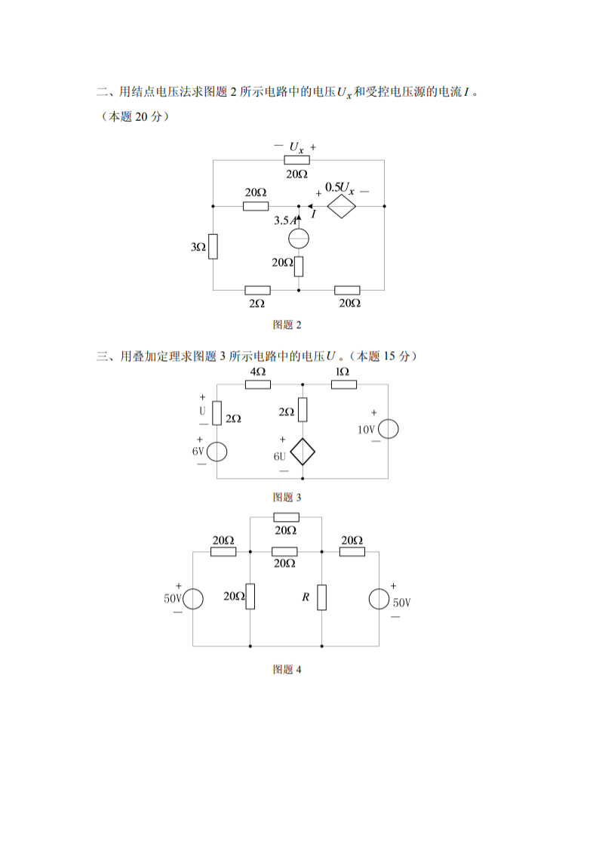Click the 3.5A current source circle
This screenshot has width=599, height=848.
click(x=299, y=239)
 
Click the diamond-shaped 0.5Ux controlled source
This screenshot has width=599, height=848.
click(x=341, y=205)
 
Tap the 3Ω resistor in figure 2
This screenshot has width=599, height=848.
click(x=213, y=247)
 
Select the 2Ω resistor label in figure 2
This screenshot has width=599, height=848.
click(x=256, y=303)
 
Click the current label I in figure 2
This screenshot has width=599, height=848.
click(x=313, y=215)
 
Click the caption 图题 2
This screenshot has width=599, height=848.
click(x=287, y=325)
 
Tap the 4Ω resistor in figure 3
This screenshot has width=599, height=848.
click(x=258, y=384)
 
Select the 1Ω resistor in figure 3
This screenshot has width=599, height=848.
click(x=344, y=384)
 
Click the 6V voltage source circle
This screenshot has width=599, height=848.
click(x=217, y=451)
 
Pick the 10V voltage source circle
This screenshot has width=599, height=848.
click(x=389, y=429)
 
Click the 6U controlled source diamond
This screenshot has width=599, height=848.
click(x=303, y=451)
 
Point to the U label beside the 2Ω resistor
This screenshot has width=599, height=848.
click(x=202, y=411)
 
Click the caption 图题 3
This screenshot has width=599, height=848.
click(x=287, y=497)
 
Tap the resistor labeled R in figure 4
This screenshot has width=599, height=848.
click(x=322, y=597)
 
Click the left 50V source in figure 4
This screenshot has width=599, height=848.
click(x=192, y=599)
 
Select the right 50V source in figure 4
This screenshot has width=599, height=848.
click(x=379, y=599)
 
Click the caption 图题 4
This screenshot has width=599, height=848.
click(x=287, y=669)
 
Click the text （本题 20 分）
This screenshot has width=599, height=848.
click(x=134, y=116)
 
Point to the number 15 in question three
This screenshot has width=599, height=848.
click(x=389, y=356)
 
